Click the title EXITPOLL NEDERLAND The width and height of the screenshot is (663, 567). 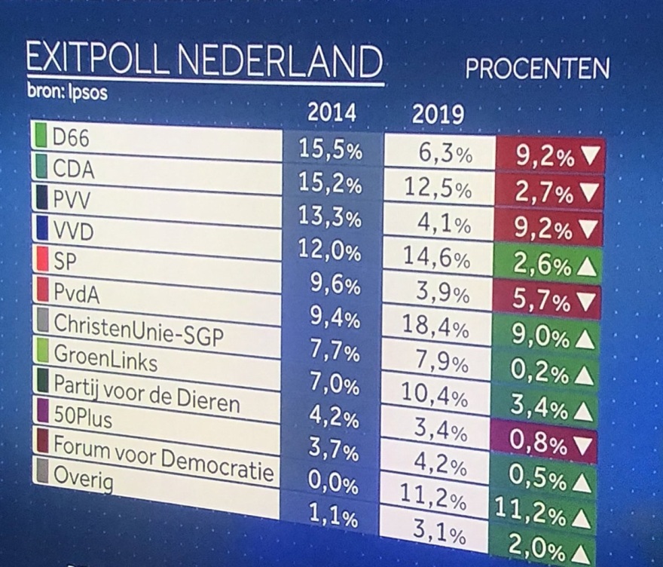pos(202,61)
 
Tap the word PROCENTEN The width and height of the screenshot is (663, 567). pos(537,69)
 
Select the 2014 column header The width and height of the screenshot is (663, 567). pos(331,113)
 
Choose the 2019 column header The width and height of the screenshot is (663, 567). pos(438,117)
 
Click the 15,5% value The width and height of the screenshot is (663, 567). pos(330,149)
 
